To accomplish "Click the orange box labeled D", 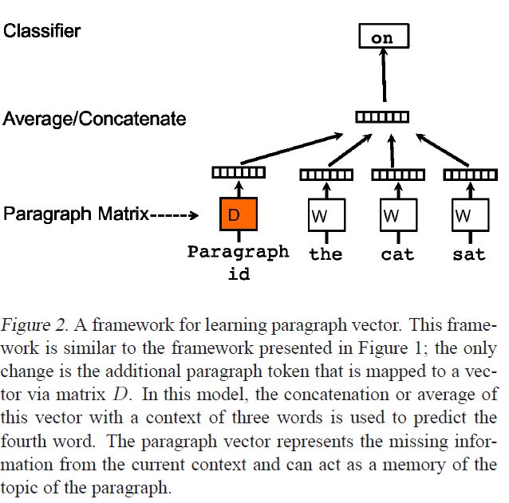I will (x=237, y=214).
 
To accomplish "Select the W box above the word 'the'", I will (x=325, y=215).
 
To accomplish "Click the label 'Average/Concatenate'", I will (x=95, y=120).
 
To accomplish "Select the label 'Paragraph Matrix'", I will (x=77, y=214).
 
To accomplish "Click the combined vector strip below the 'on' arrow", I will (x=382, y=118).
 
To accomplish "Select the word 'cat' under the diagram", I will (x=397, y=255).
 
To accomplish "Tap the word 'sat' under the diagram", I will (x=468, y=255).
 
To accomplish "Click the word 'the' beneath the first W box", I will (x=326, y=254).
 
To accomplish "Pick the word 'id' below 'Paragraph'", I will (x=239, y=274).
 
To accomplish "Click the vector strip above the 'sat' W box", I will (x=467, y=175).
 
